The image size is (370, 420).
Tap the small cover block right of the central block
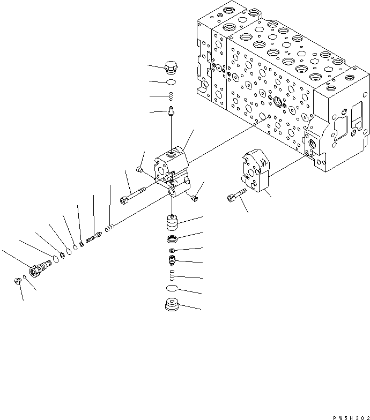click(255, 171)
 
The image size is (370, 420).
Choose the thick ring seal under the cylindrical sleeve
click(172, 239)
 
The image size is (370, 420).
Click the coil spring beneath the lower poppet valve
click(172, 275)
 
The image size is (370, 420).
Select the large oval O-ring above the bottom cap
click(172, 289)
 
